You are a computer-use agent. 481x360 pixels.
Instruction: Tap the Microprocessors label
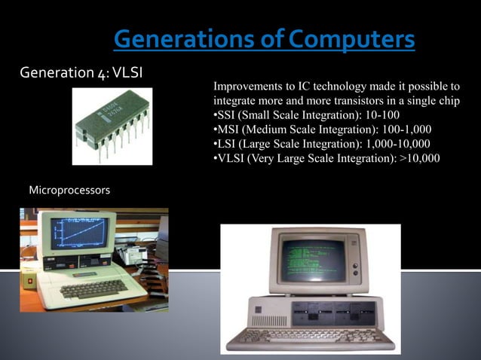69,191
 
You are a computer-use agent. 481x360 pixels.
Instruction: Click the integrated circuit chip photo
112,127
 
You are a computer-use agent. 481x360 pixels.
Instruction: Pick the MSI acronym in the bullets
231,130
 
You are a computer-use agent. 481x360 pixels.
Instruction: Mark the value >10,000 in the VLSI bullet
419,158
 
